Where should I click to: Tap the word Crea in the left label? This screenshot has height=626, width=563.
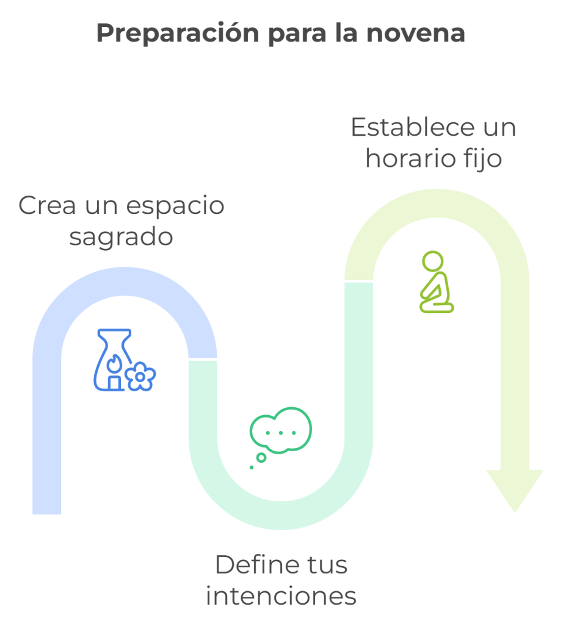(48, 206)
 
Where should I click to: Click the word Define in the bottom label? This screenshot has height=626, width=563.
(252, 565)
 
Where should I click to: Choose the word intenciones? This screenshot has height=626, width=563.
(281, 595)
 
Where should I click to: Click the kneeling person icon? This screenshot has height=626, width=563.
(436, 282)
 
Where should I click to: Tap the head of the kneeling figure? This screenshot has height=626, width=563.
(433, 260)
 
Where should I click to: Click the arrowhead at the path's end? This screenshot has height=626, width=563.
(514, 489)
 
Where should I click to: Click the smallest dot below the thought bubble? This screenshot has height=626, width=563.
(251, 468)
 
